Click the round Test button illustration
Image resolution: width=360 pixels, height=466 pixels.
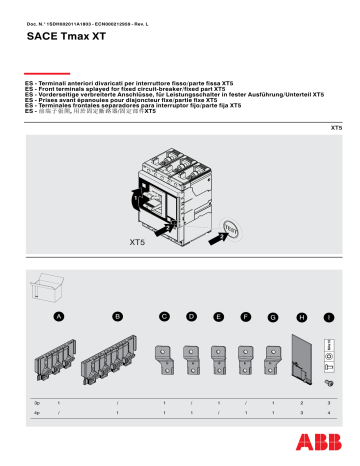click(x=229, y=198)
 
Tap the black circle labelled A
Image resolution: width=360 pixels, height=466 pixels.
click(x=59, y=317)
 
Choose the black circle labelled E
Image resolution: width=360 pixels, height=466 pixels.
click(x=219, y=317)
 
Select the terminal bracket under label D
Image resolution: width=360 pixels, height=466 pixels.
click(x=191, y=359)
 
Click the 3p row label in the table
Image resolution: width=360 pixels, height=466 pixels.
click(x=36, y=400)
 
